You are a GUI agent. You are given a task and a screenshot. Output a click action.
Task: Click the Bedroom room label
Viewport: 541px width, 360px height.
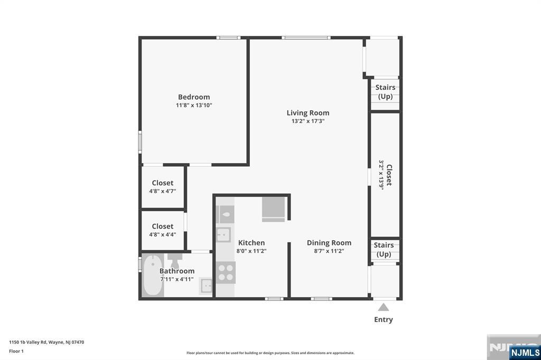pyautogui.click(x=194, y=97)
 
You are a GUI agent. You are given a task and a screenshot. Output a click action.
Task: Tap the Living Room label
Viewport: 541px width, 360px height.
pyautogui.click(x=307, y=113)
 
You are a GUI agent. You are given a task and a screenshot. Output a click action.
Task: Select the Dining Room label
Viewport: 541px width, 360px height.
pyautogui.click(x=329, y=243)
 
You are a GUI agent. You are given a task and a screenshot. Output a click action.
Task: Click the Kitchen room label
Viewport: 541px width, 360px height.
pyautogui.click(x=251, y=243)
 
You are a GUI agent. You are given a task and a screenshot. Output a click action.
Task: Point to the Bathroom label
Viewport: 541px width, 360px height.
pyautogui.click(x=177, y=271)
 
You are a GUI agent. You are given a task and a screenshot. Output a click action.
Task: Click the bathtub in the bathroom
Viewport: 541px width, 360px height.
pyautogui.click(x=153, y=276)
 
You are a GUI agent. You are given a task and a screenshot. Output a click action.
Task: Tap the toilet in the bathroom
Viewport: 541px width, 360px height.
pyautogui.click(x=174, y=260)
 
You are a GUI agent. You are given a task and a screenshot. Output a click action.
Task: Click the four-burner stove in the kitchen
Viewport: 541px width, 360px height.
pyautogui.click(x=226, y=272)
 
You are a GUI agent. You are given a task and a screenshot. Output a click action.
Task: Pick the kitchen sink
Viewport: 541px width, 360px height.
pyautogui.click(x=224, y=234)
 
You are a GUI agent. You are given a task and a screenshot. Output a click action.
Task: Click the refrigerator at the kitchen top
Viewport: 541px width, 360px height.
pyautogui.click(x=274, y=209)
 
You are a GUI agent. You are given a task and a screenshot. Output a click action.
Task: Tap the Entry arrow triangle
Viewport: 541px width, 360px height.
pyautogui.click(x=384, y=307)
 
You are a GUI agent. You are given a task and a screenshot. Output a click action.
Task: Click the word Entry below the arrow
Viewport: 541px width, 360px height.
pyautogui.click(x=384, y=319)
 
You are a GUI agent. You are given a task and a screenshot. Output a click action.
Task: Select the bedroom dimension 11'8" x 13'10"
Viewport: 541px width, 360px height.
pyautogui.click(x=194, y=106)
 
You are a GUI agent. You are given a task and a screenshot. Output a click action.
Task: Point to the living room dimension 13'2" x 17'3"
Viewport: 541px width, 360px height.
pyautogui.click(x=307, y=121)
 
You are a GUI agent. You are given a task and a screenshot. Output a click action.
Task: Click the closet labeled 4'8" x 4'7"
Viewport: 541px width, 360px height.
pyautogui.click(x=162, y=187)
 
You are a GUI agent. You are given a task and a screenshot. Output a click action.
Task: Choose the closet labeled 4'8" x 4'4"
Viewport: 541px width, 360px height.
pyautogui.click(x=162, y=230)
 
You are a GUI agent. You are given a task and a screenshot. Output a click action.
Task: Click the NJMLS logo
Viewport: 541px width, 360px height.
pyautogui.click(x=525, y=352)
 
